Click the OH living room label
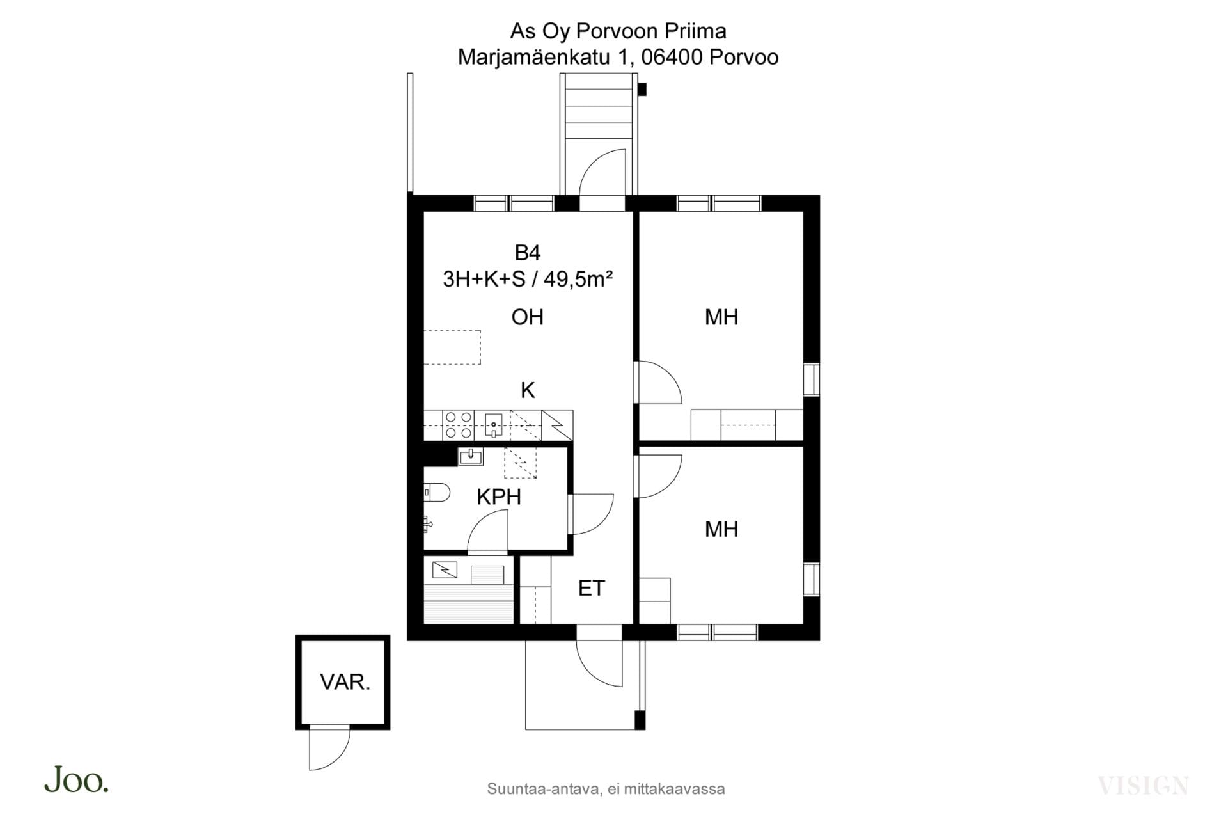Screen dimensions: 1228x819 [x=528, y=317]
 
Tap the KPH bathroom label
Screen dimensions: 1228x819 [x=499, y=497]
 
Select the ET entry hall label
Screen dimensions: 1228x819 [x=592, y=589]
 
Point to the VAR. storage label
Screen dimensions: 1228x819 [x=345, y=682]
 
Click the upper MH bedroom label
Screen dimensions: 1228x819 [x=721, y=317]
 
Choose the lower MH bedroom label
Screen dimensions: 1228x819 [x=721, y=529]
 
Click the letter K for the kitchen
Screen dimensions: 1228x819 [x=528, y=390]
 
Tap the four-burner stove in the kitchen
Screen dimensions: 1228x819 [x=459, y=425]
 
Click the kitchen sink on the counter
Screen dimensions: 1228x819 [x=494, y=425]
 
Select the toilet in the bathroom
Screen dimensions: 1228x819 [x=437, y=493]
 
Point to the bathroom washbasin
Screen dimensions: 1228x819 [x=471, y=456]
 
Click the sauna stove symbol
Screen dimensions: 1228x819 [x=445, y=569]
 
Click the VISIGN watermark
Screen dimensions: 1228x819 [x=1143, y=785]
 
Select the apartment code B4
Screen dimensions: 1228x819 [x=528, y=253]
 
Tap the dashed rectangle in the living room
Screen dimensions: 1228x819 [x=452, y=347]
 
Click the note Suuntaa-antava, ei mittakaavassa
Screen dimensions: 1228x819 [x=606, y=789]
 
